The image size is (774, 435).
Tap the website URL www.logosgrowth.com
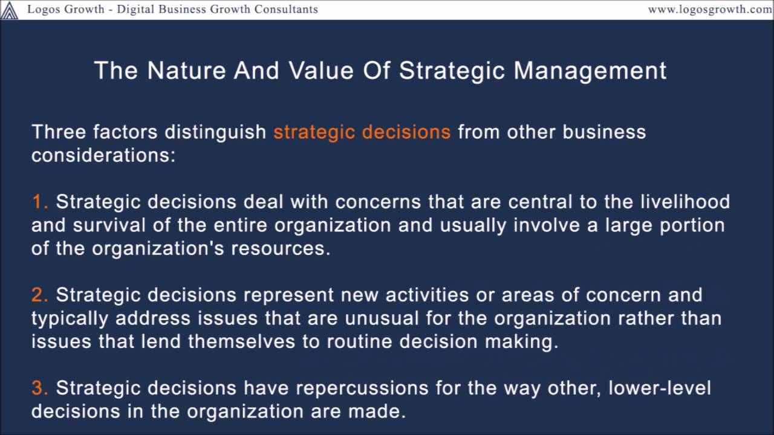711,9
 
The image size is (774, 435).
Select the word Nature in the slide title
184,71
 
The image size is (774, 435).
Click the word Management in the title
590,71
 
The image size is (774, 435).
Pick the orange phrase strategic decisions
362,132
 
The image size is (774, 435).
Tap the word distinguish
216,132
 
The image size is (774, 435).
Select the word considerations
103,155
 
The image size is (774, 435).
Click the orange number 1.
39,201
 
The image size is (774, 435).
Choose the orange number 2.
40,295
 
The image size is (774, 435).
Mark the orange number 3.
40,388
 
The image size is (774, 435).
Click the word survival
110,225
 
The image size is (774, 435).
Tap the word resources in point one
281,248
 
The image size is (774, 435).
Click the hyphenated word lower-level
660,388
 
